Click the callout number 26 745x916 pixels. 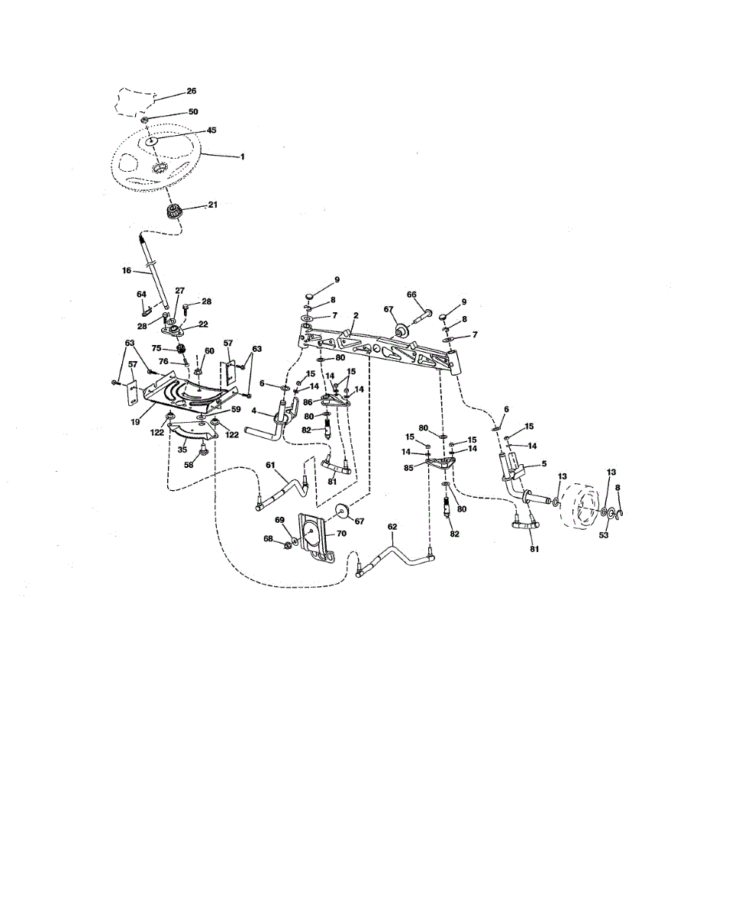tap(192, 91)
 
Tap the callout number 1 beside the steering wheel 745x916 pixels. tap(243, 157)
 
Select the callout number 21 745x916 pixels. tap(213, 205)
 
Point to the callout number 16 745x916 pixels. tap(127, 270)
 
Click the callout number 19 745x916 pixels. tap(135, 422)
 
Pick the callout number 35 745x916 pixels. tap(182, 450)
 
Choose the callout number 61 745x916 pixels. tap(270, 465)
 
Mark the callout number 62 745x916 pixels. tap(392, 527)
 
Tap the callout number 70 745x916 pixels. tap(341, 534)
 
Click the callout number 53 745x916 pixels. tap(604, 535)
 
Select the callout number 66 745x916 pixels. tap(411, 295)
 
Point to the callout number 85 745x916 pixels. tap(408, 467)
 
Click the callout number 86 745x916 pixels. tap(308, 402)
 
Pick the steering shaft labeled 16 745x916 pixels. tap(154, 271)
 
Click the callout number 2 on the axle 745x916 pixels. tap(356, 315)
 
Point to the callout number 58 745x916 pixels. tap(189, 465)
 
